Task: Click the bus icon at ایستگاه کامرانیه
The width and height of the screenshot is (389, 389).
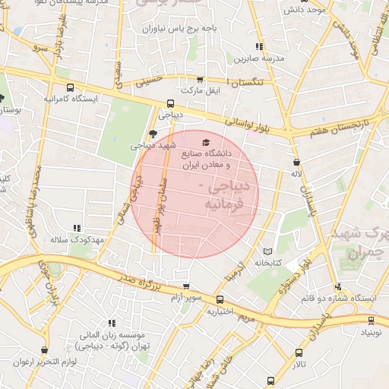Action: [x=71, y=87]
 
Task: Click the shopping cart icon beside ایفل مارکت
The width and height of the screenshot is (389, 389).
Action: [x=200, y=79]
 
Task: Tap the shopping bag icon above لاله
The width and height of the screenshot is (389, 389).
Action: [x=296, y=163]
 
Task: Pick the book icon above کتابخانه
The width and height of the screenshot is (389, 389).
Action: [x=267, y=251]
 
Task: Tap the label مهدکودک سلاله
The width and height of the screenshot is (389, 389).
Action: [x=75, y=240]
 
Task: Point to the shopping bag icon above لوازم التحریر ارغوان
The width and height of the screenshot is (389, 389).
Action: [x=45, y=350]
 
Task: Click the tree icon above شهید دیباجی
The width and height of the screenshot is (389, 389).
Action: [x=153, y=134]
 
